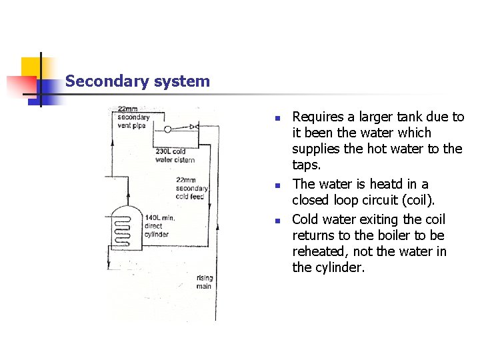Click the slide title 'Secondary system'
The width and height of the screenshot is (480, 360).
pyautogui.click(x=137, y=82)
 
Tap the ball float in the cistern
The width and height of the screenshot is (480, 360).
pyautogui.click(x=167, y=129)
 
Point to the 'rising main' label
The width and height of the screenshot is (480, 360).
pyautogui.click(x=204, y=281)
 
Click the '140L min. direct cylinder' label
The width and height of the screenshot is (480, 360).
pyautogui.click(x=159, y=226)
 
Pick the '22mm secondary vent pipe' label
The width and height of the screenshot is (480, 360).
pyautogui.click(x=133, y=117)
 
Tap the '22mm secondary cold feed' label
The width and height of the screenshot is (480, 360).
pyautogui.click(x=192, y=188)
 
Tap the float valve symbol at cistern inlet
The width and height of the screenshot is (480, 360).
pyautogui.click(x=193, y=127)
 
